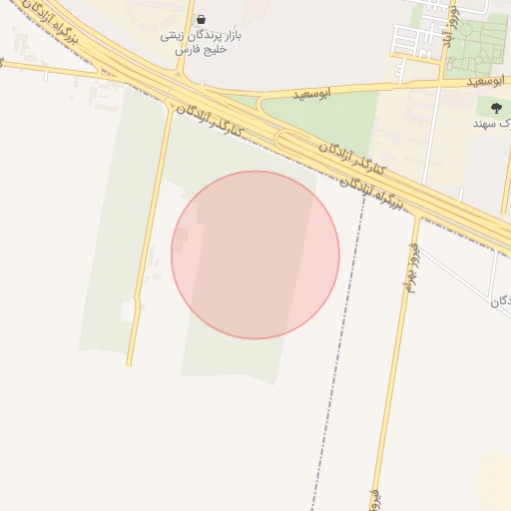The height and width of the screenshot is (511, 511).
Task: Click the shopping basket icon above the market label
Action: tap(202, 19)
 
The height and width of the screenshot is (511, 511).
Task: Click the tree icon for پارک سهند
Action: tap(496, 108)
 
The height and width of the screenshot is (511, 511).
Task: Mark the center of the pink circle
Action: tap(255, 255)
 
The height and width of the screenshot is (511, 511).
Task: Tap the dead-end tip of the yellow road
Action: tap(129, 363)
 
